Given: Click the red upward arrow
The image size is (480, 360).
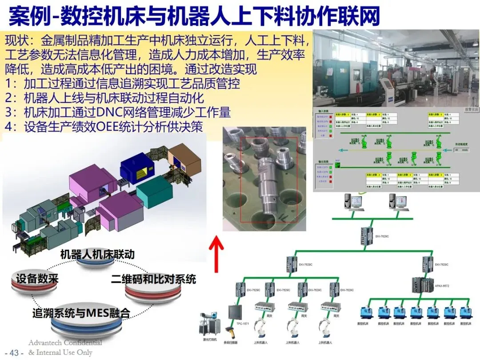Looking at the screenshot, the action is click(216, 253).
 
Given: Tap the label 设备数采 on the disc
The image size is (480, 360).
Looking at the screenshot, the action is click(37, 280).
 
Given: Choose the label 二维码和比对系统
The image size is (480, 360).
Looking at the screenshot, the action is click(153, 280).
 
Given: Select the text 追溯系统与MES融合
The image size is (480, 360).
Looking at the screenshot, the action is click(81, 313).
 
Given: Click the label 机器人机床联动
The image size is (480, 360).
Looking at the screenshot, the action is click(97, 254).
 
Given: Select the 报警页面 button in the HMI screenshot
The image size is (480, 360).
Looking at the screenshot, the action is click(470, 108).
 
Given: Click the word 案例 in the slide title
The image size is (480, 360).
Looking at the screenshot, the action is click(25, 17).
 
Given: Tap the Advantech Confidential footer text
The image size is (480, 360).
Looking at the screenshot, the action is click(65, 343).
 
